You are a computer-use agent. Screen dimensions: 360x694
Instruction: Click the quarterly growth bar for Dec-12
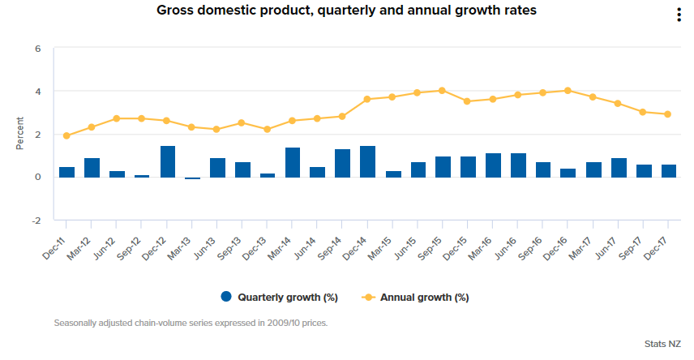click(168, 161)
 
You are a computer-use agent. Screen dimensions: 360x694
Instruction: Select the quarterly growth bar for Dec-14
click(367, 161)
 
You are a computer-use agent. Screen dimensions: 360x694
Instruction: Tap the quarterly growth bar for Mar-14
click(293, 162)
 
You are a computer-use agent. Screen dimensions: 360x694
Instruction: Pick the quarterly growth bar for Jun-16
click(518, 165)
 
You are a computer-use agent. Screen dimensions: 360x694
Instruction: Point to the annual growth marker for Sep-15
click(442, 91)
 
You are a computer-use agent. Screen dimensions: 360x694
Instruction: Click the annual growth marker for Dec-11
click(66, 136)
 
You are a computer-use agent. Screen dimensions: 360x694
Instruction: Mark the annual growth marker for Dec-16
click(568, 91)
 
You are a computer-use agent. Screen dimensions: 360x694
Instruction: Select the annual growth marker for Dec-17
click(667, 114)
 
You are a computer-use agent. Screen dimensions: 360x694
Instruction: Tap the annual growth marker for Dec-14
click(367, 99)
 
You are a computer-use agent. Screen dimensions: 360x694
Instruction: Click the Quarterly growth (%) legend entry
click(280, 298)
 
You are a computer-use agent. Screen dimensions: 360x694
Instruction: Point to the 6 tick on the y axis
click(38, 49)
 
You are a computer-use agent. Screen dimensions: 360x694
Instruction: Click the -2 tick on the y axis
click(36, 220)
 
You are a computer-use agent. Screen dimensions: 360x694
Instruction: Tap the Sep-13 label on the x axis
click(230, 242)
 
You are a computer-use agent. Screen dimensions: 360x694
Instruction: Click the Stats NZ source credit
click(662, 345)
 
